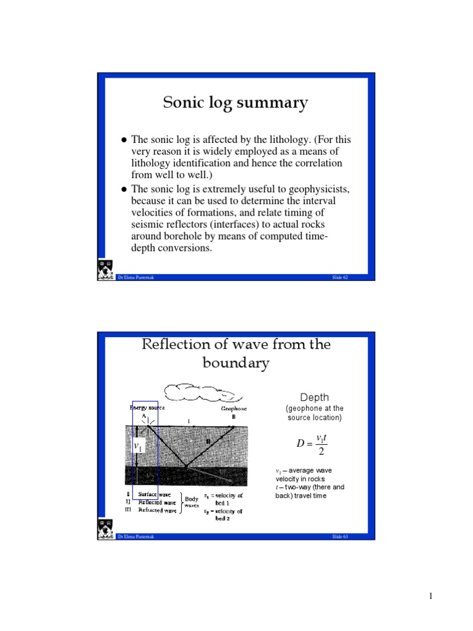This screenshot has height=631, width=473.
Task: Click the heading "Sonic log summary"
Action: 235,102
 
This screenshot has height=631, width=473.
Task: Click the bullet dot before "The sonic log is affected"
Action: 123,140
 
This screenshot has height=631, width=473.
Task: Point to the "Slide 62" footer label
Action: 340,278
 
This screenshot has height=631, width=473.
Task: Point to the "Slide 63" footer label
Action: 340,537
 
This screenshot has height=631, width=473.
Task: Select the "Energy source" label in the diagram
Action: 147,407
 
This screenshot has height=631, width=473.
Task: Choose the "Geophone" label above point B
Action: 234,407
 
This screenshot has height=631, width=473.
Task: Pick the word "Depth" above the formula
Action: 315,397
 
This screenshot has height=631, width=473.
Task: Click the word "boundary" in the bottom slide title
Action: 236,363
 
